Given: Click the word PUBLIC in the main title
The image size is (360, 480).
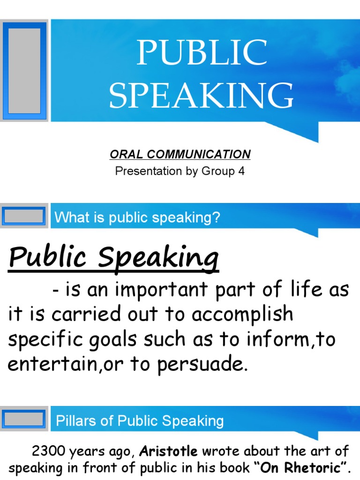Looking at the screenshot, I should point(202,53).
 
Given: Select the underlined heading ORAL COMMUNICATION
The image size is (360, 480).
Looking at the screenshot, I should point(180,154).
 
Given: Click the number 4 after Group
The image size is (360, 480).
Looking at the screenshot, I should point(241,171).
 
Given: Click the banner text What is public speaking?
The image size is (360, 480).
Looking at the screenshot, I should point(137,217).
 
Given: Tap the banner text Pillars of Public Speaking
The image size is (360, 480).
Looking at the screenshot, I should point(140,420).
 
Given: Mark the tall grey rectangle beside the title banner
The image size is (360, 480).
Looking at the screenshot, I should point(25,69).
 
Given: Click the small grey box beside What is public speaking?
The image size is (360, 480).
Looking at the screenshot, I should point(24,217).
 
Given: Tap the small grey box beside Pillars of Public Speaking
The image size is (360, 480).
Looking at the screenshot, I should point(24,420).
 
